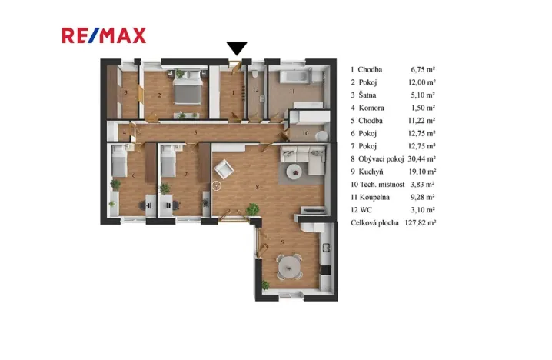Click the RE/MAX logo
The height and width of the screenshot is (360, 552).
[104, 35]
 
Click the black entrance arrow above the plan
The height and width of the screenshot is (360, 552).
[237, 48]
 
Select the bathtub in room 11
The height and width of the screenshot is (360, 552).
[295, 76]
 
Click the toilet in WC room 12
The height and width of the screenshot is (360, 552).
[255, 75]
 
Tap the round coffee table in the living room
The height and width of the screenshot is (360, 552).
[294, 172]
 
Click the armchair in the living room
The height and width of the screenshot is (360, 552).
[224, 169]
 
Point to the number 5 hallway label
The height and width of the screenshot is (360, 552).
[195, 133]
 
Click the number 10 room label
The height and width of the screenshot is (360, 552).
[305, 133]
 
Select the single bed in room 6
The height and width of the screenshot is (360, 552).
[119, 161]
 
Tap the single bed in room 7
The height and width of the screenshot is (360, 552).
[168, 161]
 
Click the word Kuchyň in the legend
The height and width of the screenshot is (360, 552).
[371, 172]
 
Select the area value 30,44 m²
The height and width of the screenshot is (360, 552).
[422, 159]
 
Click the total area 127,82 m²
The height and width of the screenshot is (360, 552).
[421, 222]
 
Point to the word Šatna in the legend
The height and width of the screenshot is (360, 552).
[367, 95]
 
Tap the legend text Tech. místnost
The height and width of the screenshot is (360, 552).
[382, 184]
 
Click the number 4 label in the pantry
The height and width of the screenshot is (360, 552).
[125, 133]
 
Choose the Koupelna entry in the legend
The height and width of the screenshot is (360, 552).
[374, 197]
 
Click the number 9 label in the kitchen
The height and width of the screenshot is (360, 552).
[283, 242]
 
